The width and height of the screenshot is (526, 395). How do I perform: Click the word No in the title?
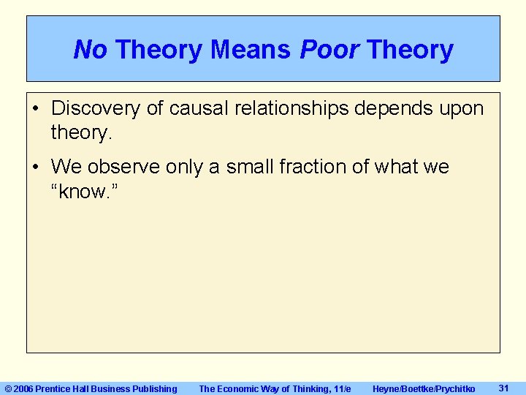pos(90,50)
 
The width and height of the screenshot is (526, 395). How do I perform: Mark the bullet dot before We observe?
pos(36,168)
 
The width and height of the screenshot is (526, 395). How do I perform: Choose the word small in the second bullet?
pos(251,168)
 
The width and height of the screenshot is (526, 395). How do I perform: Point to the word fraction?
pos(319,168)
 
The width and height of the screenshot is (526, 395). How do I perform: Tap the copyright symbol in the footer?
pos(9,388)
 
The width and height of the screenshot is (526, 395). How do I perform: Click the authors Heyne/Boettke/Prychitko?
pos(423,388)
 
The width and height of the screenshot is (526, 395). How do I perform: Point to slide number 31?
pos(503,388)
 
